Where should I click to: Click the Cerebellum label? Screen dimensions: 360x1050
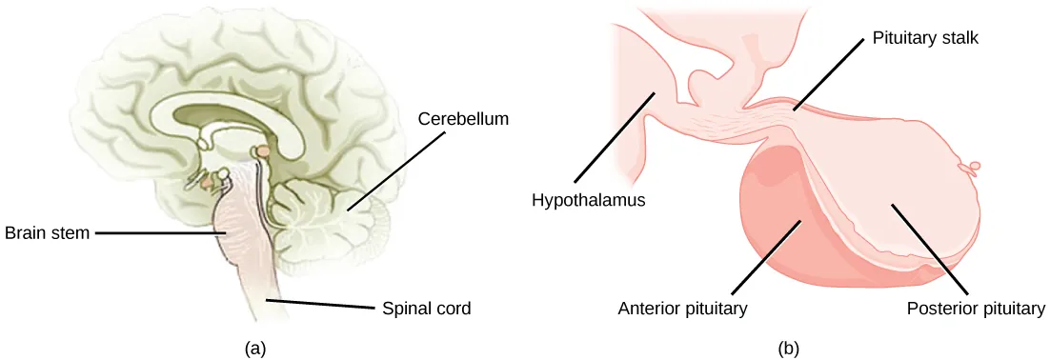(462, 120)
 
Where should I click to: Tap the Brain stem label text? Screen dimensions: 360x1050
(48, 232)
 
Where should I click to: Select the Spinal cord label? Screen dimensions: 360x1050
(426, 309)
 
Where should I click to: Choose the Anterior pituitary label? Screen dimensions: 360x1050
(681, 309)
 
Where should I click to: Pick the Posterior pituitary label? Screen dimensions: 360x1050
(976, 309)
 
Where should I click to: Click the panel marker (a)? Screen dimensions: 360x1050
(254, 349)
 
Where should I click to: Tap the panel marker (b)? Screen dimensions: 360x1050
(788, 349)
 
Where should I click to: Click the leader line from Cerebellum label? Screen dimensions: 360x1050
(396, 168)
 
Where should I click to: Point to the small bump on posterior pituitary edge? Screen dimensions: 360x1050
(974, 169)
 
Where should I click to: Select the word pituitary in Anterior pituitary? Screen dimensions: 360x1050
(714, 309)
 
